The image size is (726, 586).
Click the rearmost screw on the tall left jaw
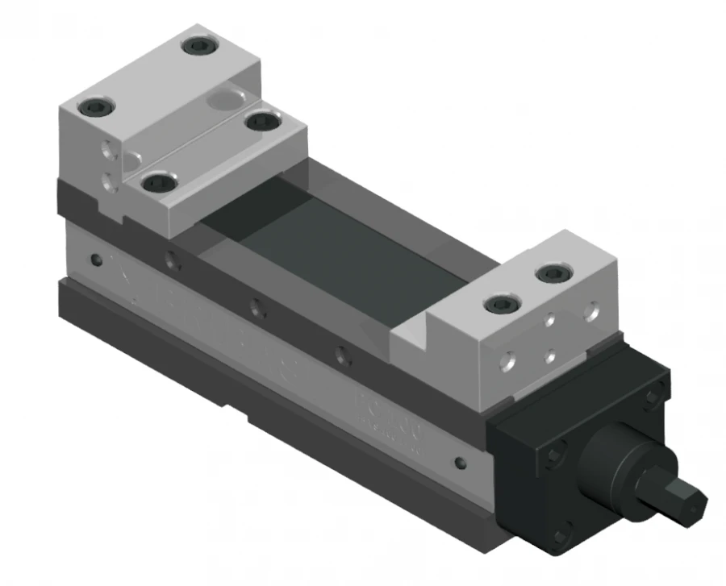pos(198,47)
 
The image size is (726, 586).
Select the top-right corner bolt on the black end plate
pos(653,396)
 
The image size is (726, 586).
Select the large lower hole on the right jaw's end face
pos(506,362)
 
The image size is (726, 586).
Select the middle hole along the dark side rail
pos(256,307)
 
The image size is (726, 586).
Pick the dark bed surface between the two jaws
pos(323,242)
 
